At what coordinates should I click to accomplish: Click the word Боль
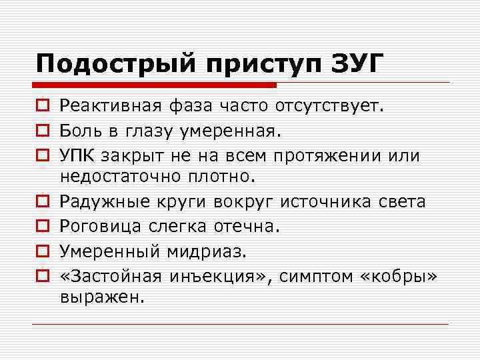pyautogui.click(x=79, y=130)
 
